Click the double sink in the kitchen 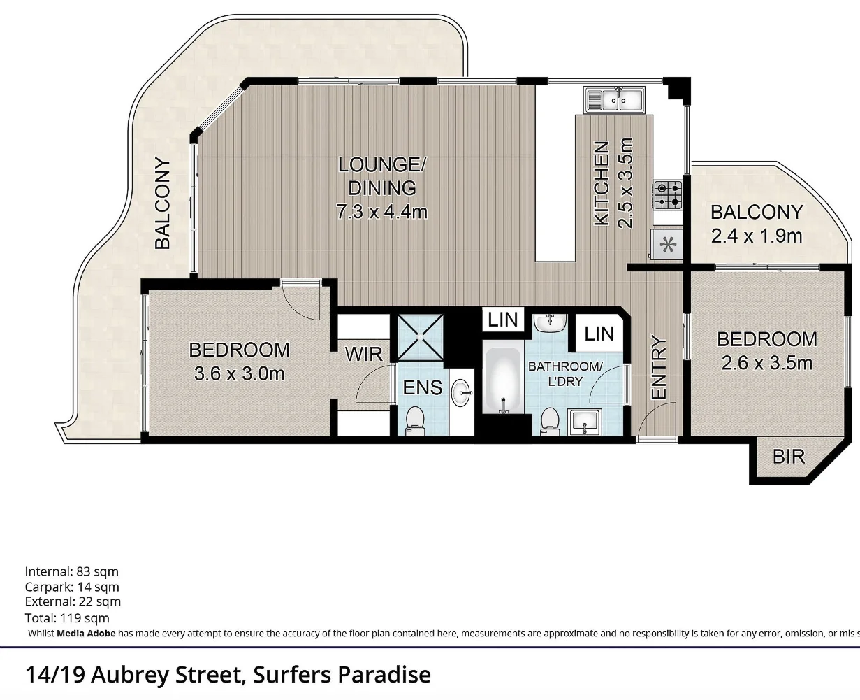[x=615, y=100]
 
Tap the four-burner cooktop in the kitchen [x=667, y=195]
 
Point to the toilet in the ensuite [x=415, y=420]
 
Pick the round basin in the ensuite [x=461, y=392]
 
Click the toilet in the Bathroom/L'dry [x=550, y=421]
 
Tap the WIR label [x=363, y=354]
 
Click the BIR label [x=789, y=457]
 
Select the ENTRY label [x=659, y=369]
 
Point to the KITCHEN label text [x=602, y=183]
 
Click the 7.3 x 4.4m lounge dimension [x=381, y=211]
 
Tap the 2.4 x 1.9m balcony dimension [x=757, y=236]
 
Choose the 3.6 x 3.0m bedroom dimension [x=239, y=373]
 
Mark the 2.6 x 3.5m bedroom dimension [x=767, y=363]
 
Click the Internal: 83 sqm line [x=72, y=571]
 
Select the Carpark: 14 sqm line [x=72, y=587]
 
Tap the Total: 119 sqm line [x=67, y=617]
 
